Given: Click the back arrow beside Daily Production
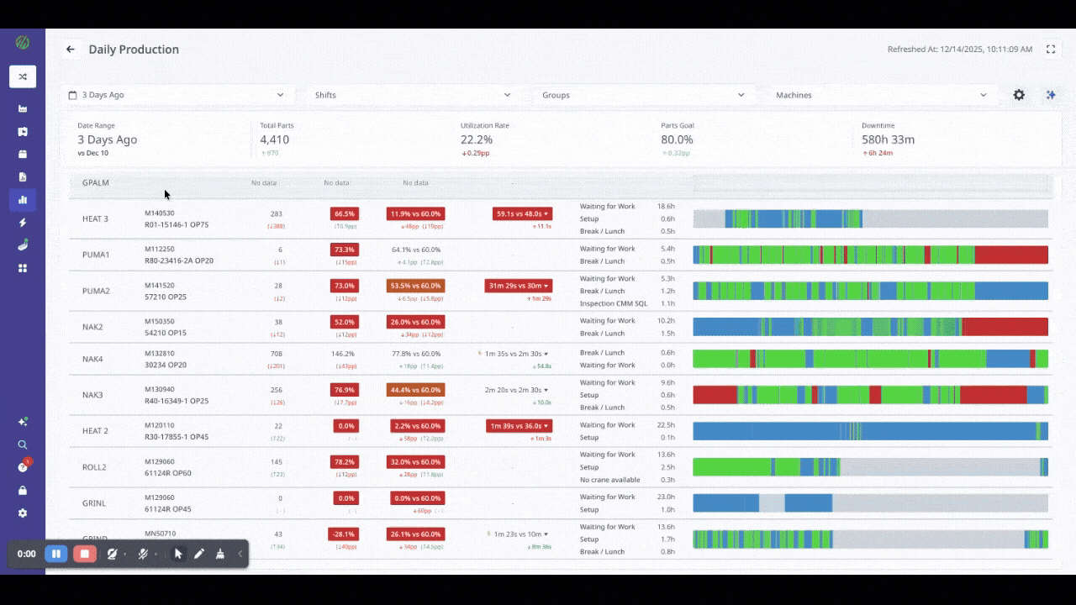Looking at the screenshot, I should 71,50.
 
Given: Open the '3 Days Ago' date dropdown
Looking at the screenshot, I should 177,95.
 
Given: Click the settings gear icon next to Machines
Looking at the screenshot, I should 1019,95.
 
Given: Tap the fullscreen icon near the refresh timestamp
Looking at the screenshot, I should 1051,50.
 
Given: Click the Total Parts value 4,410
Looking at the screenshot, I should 275,139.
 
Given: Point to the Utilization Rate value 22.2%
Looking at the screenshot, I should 477,139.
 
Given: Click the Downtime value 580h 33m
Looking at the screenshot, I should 888,139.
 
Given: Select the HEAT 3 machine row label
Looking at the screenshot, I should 95,219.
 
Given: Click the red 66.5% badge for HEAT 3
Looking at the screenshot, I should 345,214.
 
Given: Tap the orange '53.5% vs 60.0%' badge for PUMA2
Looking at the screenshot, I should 415,286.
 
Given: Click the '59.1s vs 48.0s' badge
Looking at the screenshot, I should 522,214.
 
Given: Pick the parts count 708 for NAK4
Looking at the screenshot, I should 277,354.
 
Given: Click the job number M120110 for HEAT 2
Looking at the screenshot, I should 160,425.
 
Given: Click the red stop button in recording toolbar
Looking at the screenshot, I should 84,554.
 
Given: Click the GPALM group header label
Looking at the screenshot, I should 96,182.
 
